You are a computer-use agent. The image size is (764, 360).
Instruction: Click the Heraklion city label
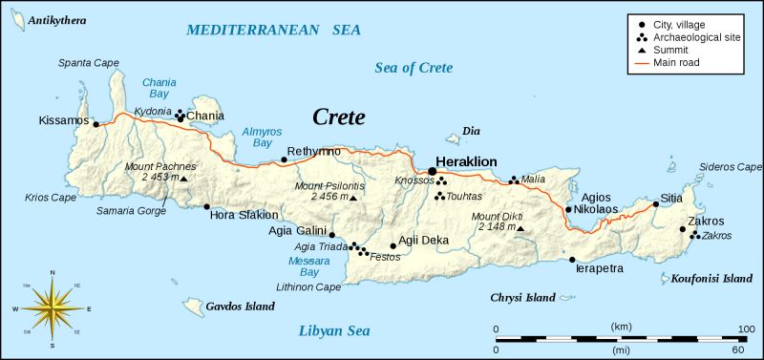click(466, 161)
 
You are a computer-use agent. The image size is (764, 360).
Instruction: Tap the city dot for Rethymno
click(284, 160)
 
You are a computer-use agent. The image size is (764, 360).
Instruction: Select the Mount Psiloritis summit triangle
click(353, 198)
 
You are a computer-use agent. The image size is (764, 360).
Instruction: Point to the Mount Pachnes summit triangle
click(184, 178)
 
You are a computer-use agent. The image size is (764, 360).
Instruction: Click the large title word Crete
click(339, 117)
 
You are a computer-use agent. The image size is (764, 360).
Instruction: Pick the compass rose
click(52, 308)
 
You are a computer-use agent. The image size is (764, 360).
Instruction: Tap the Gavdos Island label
click(240, 307)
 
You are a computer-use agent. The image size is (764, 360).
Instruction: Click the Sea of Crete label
click(414, 68)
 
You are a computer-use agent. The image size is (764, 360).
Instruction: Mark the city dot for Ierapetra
click(572, 259)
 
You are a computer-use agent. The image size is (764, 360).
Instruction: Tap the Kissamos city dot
click(95, 122)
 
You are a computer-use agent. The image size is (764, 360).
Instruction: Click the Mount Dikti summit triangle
click(520, 227)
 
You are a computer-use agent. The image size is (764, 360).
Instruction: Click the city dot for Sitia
click(656, 202)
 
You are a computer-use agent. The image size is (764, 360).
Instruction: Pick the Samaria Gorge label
click(131, 209)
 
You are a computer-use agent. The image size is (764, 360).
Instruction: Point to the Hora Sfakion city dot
click(206, 206)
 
